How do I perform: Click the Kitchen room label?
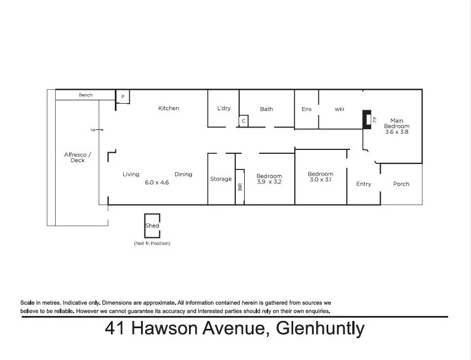pos(168,108)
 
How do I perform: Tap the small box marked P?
pos(123,96)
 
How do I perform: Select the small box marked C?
pos(244,120)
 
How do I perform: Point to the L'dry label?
pos(224,108)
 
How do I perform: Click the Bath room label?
pos(266,109)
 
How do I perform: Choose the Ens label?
pos(307,109)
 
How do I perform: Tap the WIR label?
pos(339,109)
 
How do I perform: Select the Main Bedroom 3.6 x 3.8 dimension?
pos(397,132)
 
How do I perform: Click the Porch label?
pos(401,184)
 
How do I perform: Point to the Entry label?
pos(363,184)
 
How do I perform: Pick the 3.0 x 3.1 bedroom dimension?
pos(321,181)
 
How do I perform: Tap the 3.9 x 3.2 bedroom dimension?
pos(269,182)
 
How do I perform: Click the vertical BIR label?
pos(240,187)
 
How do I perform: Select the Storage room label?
pos(221,179)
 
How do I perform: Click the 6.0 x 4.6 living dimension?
pos(157,182)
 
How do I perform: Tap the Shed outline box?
pos(152,226)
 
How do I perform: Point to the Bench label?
pos(85,95)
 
